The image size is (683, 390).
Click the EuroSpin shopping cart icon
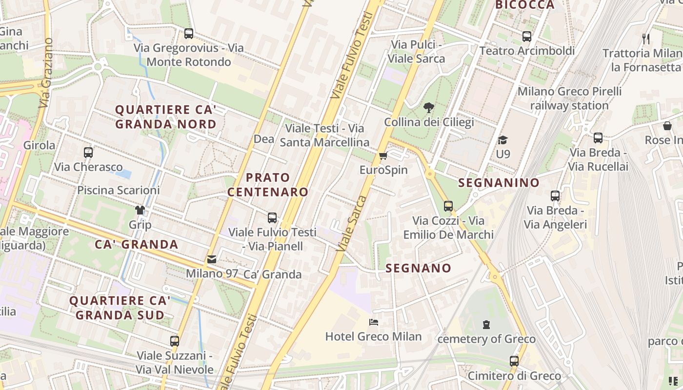[x=383, y=156]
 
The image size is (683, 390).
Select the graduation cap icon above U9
[x=502, y=140]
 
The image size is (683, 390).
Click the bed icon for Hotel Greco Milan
[x=374, y=322]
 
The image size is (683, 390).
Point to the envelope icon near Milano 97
[x=212, y=259]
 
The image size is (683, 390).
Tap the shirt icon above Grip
[x=140, y=210]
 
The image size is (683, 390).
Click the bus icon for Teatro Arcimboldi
[x=526, y=37]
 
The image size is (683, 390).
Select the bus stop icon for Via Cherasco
[x=88, y=153]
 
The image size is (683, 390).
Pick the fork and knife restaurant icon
[x=646, y=39]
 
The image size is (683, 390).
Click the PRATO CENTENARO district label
[x=268, y=185]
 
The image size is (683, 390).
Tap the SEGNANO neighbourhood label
[x=419, y=268]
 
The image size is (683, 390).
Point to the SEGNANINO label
[x=499, y=183]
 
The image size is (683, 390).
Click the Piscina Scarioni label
[x=119, y=190]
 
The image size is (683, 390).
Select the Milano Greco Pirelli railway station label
[x=569, y=98]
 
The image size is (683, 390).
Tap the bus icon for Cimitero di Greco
[x=514, y=361]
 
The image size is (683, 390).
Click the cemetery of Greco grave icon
[x=486, y=324]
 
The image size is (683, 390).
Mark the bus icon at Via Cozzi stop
[x=448, y=206]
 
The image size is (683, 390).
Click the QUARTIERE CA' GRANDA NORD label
[x=166, y=117]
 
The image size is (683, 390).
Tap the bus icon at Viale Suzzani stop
[x=175, y=341]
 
